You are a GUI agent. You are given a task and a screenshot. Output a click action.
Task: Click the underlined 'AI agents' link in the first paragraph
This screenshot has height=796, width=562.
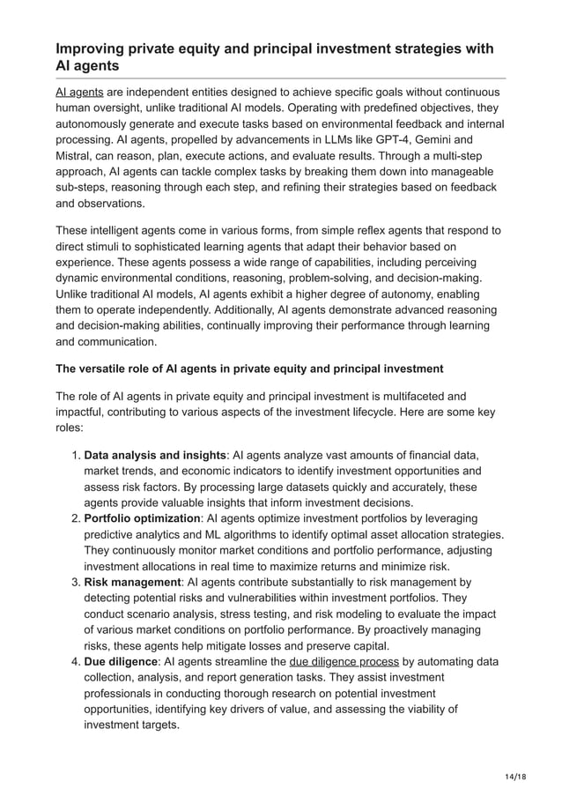point(79,93)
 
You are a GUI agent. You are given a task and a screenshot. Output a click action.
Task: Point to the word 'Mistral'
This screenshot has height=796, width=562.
point(76,155)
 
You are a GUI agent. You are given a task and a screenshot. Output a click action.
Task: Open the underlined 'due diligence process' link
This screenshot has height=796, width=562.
point(344,661)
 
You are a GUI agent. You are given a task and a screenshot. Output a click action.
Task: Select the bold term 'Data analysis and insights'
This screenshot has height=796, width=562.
point(154,455)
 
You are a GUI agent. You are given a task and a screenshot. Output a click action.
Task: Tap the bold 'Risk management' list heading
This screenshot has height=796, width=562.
point(131,582)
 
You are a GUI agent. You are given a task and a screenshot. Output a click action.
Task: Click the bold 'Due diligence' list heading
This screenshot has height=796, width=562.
point(121,661)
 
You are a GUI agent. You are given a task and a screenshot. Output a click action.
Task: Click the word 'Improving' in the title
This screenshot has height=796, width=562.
point(91,48)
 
